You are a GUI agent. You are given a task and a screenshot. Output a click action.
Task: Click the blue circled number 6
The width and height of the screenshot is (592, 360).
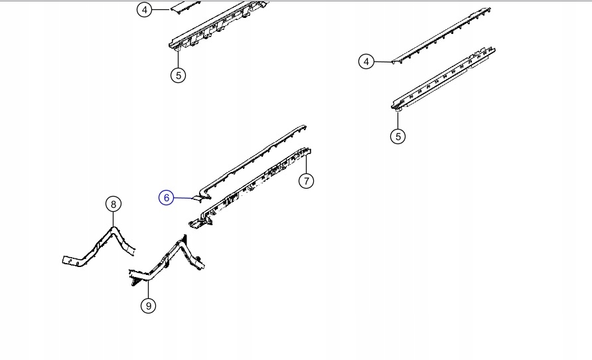coord(166,197)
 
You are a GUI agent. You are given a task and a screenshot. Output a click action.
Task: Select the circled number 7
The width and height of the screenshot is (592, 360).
coord(306,181)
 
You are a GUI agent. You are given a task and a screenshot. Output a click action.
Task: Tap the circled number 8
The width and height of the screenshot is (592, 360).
coord(113,205)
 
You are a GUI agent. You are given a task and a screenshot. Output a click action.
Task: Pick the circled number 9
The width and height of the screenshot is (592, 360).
coord(149,306)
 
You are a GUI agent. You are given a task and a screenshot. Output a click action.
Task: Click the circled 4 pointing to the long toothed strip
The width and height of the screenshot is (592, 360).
coord(366,61)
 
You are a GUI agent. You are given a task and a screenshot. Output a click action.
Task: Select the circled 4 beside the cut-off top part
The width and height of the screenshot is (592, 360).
coord(145,10)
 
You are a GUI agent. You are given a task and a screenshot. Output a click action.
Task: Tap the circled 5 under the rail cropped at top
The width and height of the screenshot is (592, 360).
coord(179,75)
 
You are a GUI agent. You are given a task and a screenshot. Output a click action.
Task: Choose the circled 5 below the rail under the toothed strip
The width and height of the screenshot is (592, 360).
coord(398,136)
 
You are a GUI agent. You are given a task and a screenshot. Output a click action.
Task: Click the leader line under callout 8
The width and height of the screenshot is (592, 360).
coord(113,219)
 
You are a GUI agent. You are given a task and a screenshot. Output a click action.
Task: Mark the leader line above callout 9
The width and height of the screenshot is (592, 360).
coord(149,289)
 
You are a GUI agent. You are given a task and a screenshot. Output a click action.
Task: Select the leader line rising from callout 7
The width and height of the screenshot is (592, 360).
coord(306,163)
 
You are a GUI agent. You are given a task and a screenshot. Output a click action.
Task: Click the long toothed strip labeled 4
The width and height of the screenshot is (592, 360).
coord(441,35)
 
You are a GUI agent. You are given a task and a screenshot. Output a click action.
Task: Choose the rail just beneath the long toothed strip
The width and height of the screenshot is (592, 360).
coord(443,78)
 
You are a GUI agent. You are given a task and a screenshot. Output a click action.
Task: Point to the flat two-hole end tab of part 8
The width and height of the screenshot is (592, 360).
coord(72,261)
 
